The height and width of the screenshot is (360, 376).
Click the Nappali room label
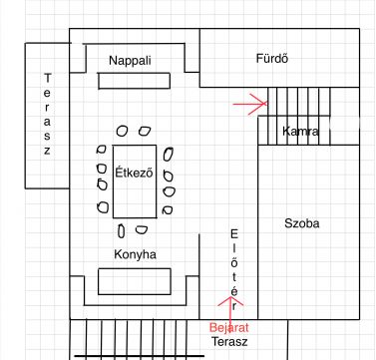[130, 61]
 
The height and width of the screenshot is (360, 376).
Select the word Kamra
[300, 132]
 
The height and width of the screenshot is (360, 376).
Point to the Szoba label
[301, 223]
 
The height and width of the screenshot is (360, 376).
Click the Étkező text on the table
[134, 171]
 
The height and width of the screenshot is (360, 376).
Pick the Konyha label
[137, 254]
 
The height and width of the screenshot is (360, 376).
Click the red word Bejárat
[227, 327]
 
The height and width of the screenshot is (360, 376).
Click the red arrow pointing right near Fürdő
[250, 102]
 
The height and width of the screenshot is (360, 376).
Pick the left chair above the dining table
[122, 131]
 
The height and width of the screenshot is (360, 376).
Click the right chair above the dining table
[146, 131]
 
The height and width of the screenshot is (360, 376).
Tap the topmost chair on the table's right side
[170, 154]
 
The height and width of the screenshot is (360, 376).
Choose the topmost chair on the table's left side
[102, 152]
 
